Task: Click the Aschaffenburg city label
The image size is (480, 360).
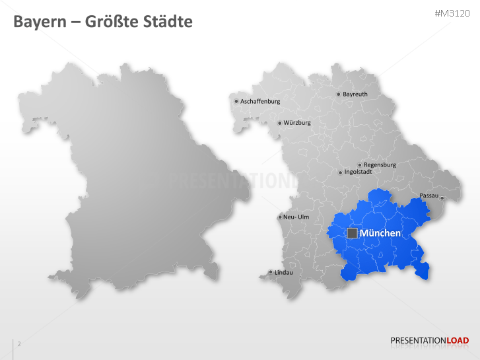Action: point(260,102)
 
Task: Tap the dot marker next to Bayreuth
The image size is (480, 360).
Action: point(339,94)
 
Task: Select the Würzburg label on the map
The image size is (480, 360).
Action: point(296,123)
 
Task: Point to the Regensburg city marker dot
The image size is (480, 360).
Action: point(359,165)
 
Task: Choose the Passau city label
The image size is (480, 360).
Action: point(429,196)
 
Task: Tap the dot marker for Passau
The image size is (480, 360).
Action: point(442,198)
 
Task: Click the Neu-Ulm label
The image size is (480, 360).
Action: point(296,217)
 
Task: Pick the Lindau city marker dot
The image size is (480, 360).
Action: point(270,272)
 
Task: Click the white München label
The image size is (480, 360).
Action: point(380,233)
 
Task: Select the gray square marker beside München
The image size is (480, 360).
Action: point(353,233)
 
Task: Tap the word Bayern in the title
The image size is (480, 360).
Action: point(40,22)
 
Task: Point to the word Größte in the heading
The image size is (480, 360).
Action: point(113,22)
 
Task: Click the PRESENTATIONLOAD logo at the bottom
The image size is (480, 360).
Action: point(429,341)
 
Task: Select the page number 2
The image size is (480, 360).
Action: point(19,344)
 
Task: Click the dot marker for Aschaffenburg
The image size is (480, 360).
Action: point(236,102)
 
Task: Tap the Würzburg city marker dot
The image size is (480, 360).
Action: point(279,123)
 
